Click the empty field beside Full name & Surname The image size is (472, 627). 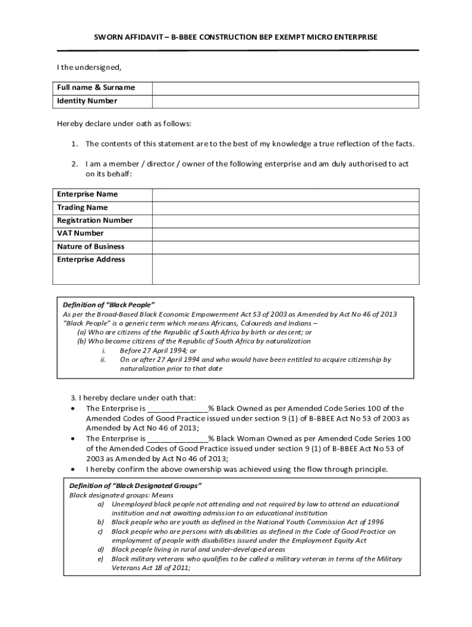[285, 88]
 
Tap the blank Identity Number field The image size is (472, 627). [285, 101]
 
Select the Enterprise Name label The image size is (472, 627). [87, 194]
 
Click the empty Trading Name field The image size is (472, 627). [285, 208]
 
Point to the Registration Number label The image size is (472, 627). [94, 220]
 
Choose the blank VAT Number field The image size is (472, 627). [285, 233]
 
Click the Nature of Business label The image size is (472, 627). [91, 247]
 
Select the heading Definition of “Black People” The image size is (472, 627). [108, 305]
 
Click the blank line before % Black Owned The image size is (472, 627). [177, 409]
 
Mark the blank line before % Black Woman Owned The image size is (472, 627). [177, 439]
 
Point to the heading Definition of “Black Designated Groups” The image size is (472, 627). [135, 486]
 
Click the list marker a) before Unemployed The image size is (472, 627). [101, 504]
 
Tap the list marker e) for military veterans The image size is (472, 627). [101, 559]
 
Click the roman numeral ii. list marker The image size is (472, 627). [104, 360]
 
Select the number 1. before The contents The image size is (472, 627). [74, 144]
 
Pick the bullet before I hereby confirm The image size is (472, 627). [74, 470]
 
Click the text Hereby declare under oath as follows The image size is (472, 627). [124, 124]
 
